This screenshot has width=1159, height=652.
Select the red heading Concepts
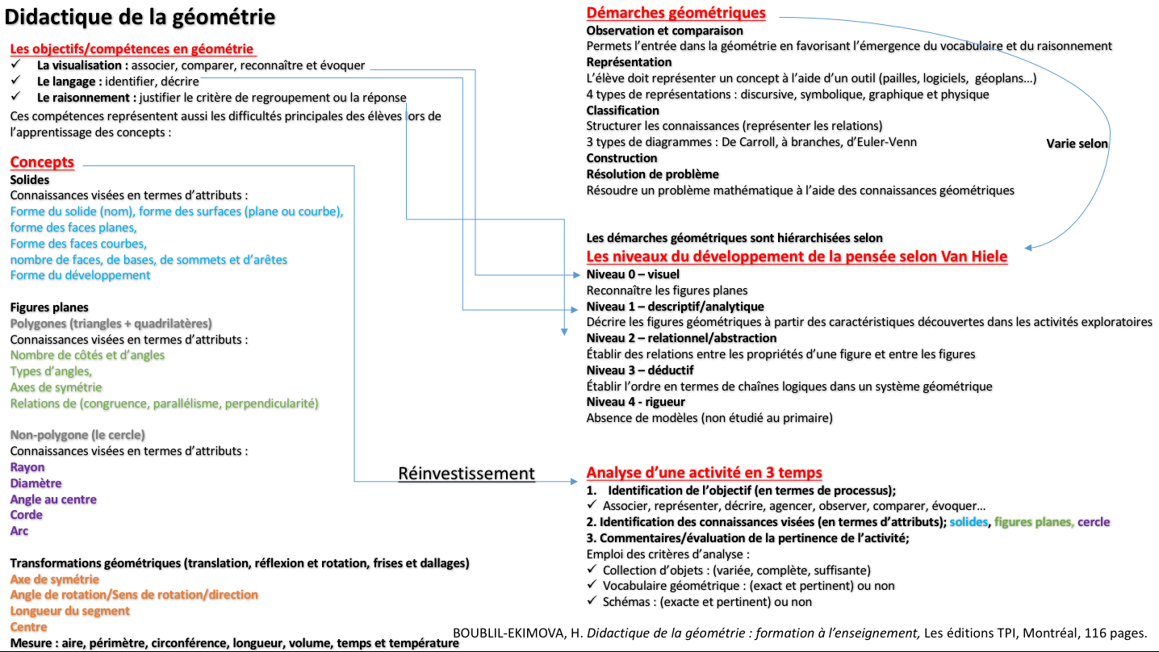coord(42,162)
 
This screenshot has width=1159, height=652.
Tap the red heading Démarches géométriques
coord(676,13)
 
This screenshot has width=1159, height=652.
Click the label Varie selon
coord(1077,144)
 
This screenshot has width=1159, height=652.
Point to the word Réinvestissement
coord(467,474)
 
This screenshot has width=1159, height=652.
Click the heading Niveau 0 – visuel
coord(633,274)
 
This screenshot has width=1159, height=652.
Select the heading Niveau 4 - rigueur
coord(635,402)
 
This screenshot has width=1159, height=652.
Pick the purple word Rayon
coord(27,467)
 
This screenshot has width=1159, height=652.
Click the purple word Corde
coord(27,515)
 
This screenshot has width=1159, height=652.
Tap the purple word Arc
coord(19,531)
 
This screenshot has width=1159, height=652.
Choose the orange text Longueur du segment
coord(69,611)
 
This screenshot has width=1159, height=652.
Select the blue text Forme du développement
coord(80,275)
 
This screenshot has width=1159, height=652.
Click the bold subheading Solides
coord(30,180)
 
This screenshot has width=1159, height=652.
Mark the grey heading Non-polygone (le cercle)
coord(77,435)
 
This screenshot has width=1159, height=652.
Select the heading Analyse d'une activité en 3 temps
coord(704,473)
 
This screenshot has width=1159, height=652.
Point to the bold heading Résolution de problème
coord(652,174)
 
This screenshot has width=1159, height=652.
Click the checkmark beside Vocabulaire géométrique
coord(592,586)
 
